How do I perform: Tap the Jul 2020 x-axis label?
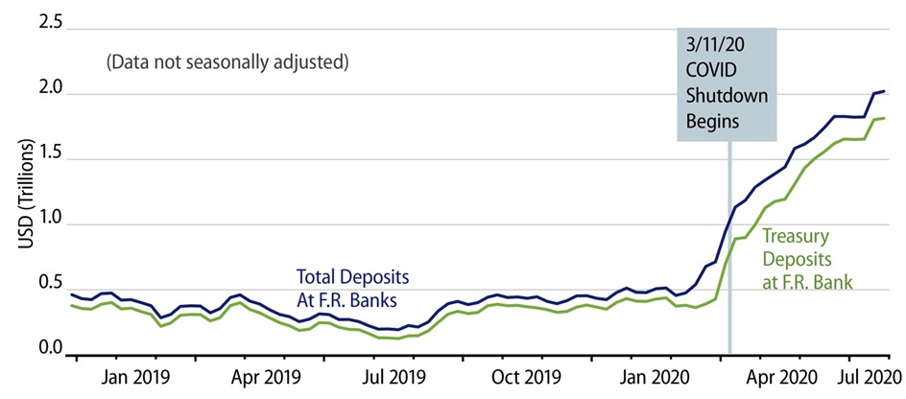(x=868, y=376)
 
